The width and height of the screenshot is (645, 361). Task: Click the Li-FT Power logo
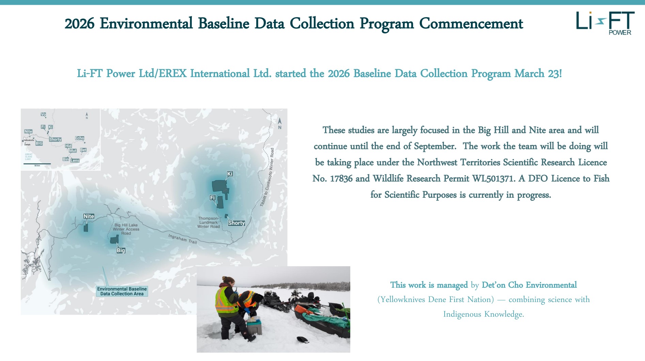[605, 22]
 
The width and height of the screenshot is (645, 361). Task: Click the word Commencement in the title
[471, 24]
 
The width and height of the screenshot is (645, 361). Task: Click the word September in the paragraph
[435, 146]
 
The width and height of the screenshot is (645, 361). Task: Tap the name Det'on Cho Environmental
[529, 285]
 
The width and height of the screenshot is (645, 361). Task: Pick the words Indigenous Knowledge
[483, 314]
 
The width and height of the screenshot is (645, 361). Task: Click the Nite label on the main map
[89, 216]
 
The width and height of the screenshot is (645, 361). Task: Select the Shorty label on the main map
[236, 223]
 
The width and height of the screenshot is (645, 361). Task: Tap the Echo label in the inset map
[80, 138]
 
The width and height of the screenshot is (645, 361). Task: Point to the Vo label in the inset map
[43, 115]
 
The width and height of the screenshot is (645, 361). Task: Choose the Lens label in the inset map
[75, 160]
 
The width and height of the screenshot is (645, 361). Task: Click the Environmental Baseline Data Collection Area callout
[122, 291]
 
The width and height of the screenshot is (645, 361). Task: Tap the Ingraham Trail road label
[182, 239]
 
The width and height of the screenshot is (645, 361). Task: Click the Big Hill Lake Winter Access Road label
[126, 229]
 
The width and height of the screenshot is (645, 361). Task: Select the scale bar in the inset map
[37, 164]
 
